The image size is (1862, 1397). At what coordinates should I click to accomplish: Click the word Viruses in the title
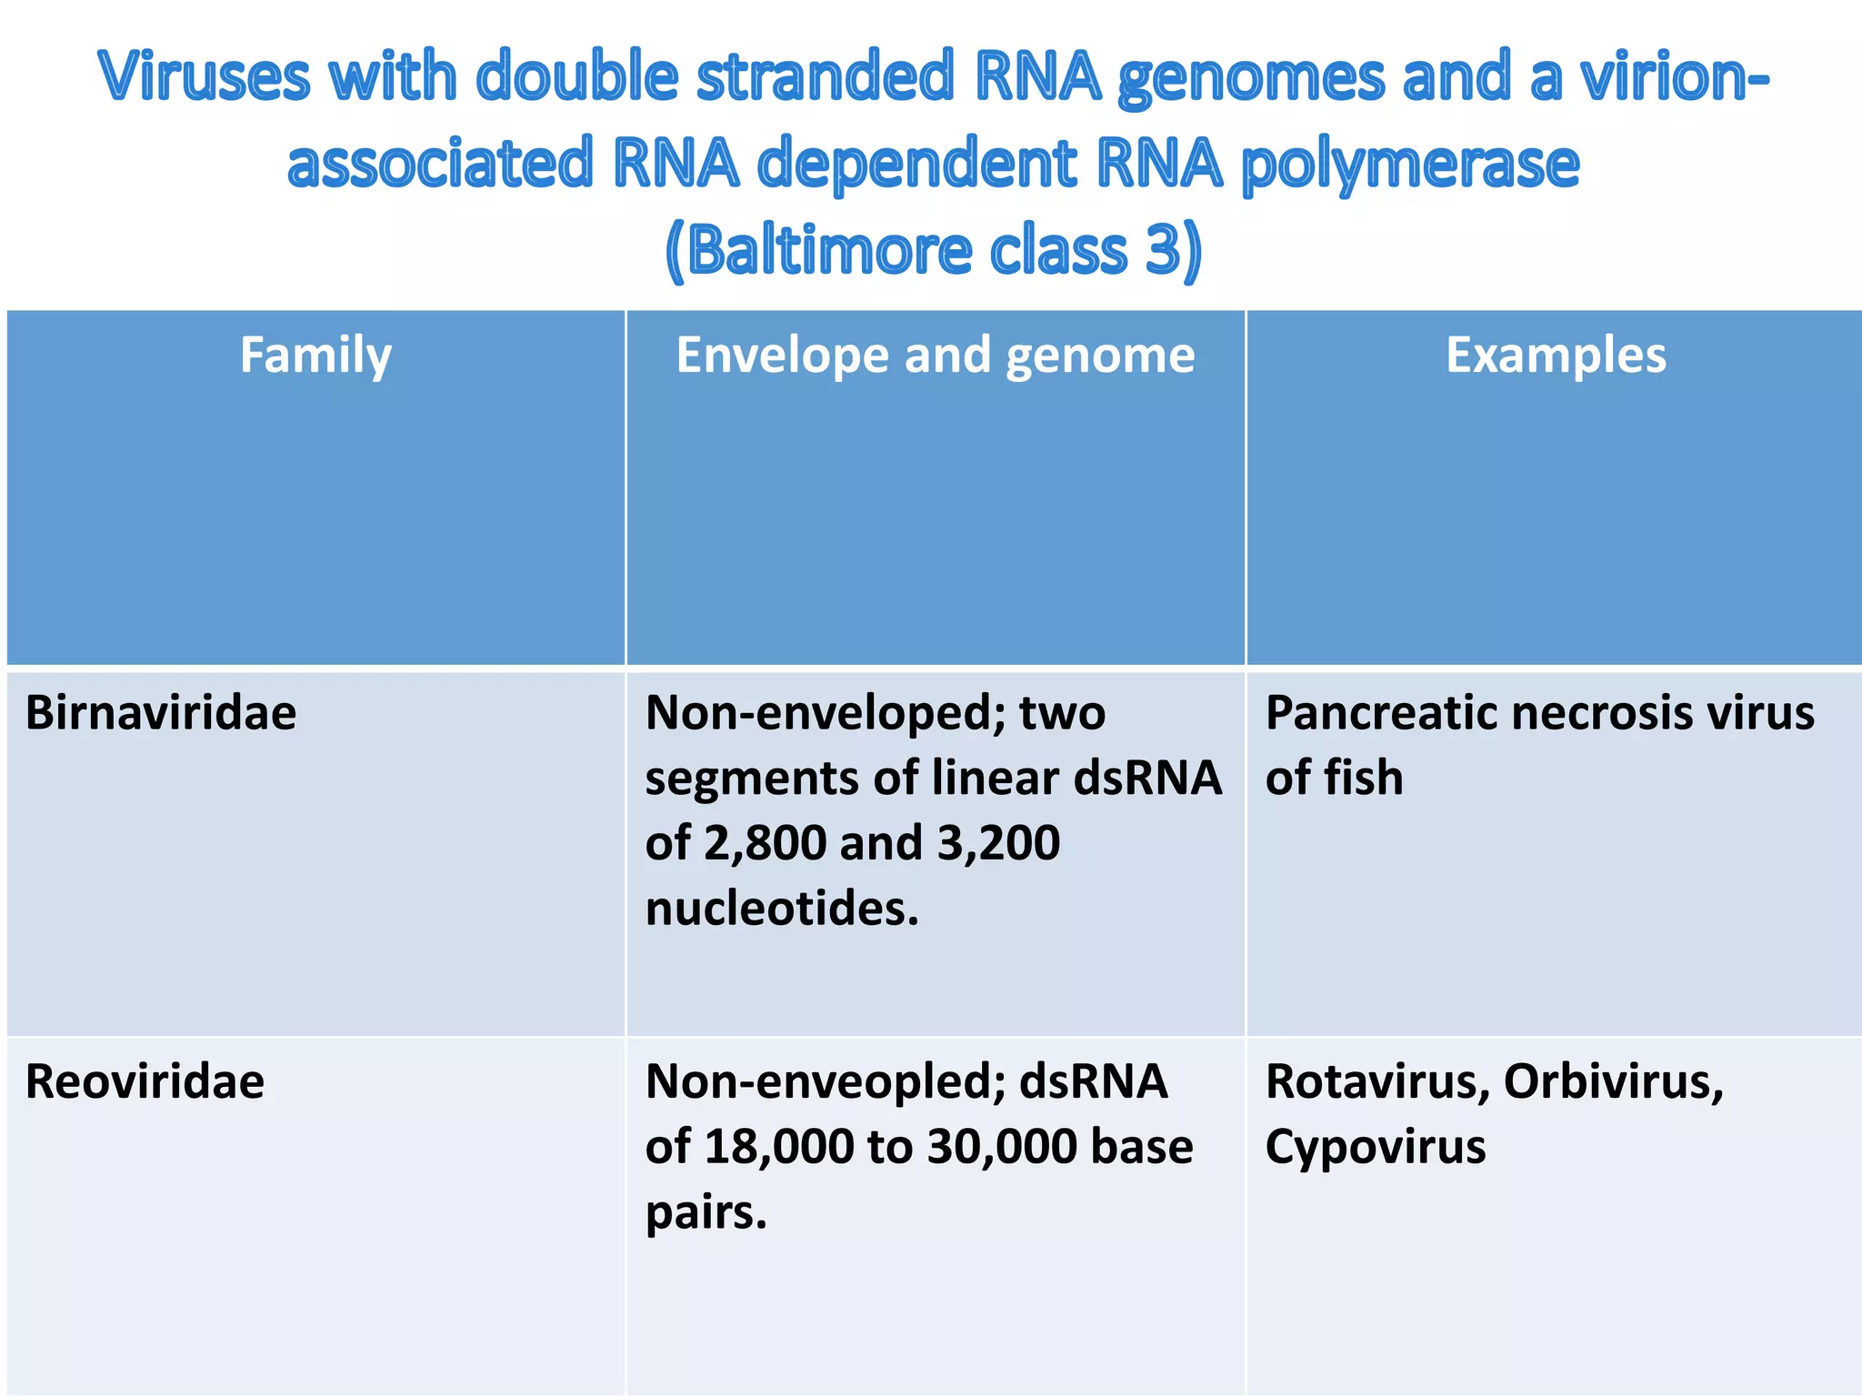205,76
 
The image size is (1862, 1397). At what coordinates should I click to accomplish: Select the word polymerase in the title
1410,166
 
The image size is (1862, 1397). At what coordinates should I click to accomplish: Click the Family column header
315,355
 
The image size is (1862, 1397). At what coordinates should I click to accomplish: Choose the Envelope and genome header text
935,355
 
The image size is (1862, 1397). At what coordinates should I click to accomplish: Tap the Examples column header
1556,355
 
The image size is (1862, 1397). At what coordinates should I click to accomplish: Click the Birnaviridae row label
161,713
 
